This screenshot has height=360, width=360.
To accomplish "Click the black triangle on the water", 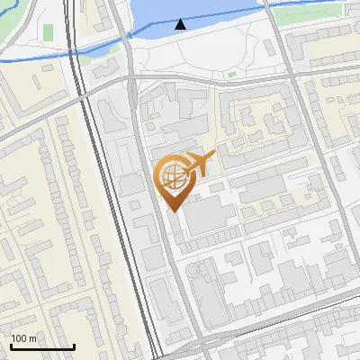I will [181, 24].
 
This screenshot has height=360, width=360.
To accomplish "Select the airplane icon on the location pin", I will [200, 162].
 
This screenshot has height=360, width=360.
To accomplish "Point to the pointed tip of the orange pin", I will [172, 211].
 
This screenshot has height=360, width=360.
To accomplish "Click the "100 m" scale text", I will [24, 338].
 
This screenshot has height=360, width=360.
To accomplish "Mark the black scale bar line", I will [42, 346].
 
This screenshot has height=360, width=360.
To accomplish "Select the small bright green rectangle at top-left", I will [48, 31].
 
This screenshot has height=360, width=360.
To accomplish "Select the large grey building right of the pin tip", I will [209, 216].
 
